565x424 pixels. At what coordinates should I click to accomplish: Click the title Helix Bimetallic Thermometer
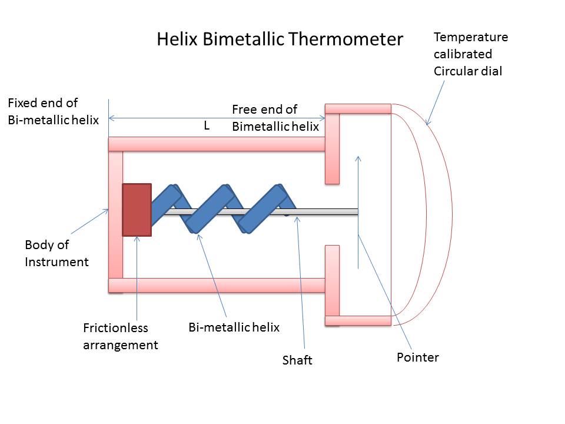coord(280,39)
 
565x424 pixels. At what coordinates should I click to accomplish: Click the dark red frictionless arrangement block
coord(137,210)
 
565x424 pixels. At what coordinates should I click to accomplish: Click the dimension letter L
coord(207,126)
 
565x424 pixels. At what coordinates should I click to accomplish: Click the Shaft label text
coord(297,360)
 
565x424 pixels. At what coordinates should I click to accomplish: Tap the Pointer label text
coord(418,357)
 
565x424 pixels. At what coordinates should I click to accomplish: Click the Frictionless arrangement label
coord(120,336)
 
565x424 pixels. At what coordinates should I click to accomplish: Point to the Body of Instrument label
coord(56,253)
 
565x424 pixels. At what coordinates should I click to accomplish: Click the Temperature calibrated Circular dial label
coord(470,54)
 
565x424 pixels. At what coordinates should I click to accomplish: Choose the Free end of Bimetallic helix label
coord(275,118)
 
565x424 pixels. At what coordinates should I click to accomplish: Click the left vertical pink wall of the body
coord(116,214)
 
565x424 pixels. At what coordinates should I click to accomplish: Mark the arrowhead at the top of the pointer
coord(358,158)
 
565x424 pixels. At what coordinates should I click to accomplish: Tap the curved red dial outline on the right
coord(439,212)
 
